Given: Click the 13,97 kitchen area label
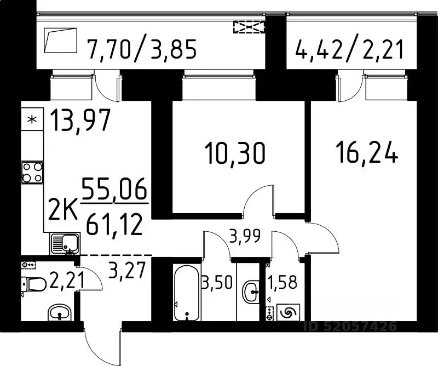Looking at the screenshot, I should tap(80, 119).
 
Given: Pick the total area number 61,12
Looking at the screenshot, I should tap(116, 224).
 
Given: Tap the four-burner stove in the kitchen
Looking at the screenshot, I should tap(32, 172).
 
